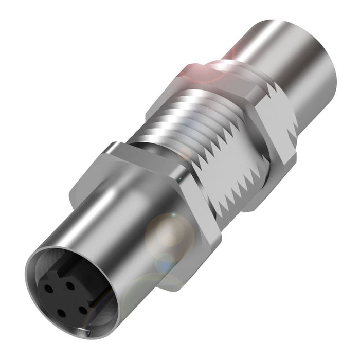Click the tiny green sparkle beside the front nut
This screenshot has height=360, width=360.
pos(173,214)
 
